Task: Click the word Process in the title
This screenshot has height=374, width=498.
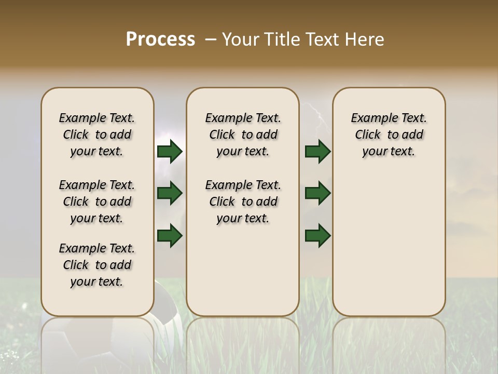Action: pos(160,39)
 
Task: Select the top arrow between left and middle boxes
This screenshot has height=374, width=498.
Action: pos(170,151)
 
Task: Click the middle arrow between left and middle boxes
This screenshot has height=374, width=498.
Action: pos(170,193)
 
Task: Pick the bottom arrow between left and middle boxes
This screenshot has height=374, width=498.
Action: pos(170,235)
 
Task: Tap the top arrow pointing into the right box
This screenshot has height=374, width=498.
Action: pos(317,151)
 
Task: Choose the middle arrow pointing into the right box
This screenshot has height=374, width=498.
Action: pos(317,193)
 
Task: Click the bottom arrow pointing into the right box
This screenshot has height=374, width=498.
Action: pos(317,235)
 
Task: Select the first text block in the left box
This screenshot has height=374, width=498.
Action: pos(97,135)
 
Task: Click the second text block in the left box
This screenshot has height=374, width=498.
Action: pos(97,202)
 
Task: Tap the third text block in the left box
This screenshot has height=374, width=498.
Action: pos(97,265)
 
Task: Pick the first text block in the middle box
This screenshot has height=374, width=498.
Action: pos(243,135)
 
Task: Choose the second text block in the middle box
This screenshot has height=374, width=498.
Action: pos(243,202)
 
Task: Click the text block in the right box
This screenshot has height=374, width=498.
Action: pos(389,135)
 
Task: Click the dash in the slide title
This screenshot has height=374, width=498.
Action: pos(211,39)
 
